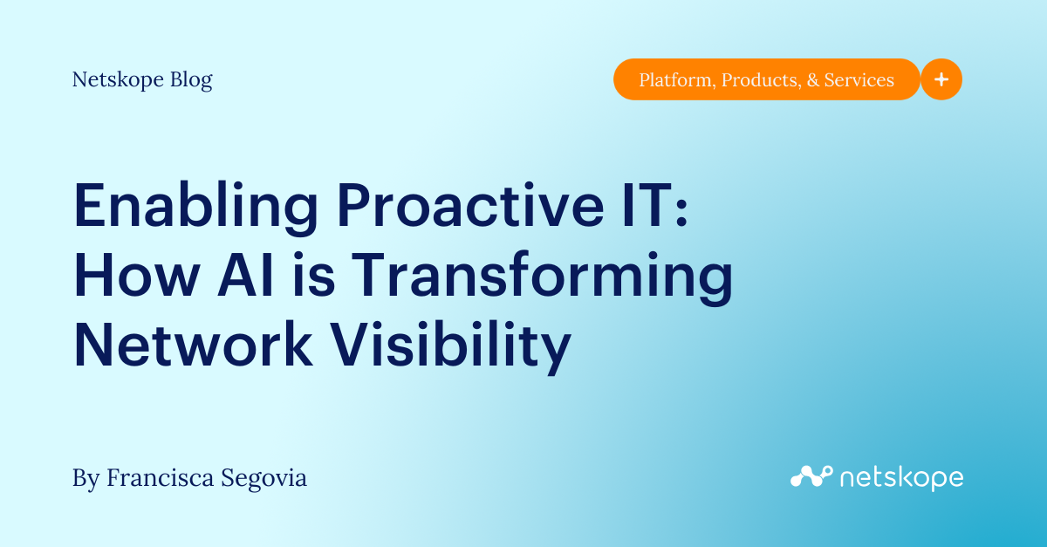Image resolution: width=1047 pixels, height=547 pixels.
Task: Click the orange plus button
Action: click(941, 79)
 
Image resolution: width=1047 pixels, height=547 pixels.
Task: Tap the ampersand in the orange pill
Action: click(812, 80)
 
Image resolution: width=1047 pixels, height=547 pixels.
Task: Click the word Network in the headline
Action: click(193, 345)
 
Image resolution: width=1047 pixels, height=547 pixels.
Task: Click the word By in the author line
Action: click(86, 478)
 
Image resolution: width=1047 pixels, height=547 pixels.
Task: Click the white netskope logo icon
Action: click(810, 476)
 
